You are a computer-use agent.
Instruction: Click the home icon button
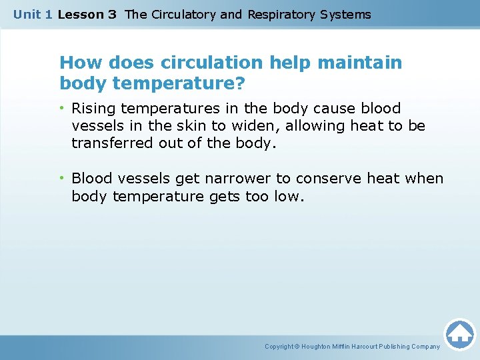click(x=459, y=333)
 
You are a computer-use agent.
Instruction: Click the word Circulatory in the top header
click(x=184, y=14)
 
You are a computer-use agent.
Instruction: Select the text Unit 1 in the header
click(x=33, y=14)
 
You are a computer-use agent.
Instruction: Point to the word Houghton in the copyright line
click(x=321, y=347)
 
